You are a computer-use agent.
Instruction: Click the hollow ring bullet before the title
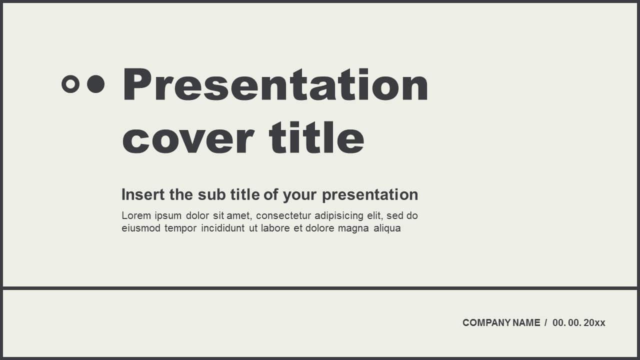[70, 84]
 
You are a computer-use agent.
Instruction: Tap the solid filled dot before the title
[95, 84]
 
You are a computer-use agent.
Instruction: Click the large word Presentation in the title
[275, 85]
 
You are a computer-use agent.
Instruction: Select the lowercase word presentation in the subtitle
[370, 195]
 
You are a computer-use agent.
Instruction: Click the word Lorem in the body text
[136, 216]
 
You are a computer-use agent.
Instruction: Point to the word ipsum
[168, 216]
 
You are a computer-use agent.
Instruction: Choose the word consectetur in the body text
[283, 216]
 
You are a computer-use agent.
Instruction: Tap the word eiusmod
[140, 228]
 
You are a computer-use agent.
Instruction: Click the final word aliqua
[387, 229]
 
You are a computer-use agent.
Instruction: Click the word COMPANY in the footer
[479, 323]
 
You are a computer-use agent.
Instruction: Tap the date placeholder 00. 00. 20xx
[578, 323]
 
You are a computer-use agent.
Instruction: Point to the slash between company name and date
[546, 323]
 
